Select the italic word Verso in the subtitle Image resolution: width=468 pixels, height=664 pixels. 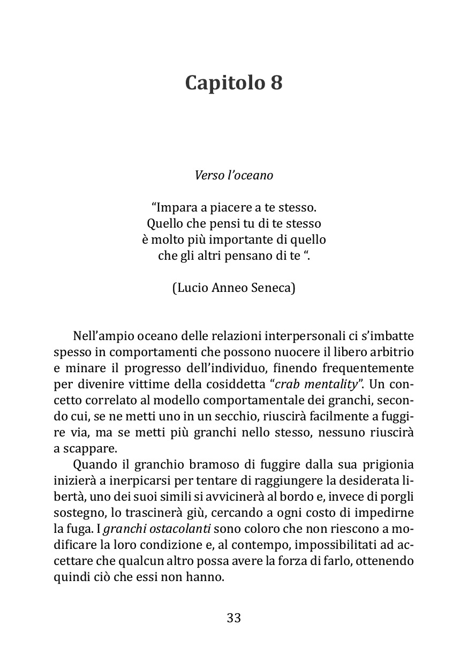point(209,176)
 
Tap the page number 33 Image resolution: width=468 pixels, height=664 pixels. point(234,618)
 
